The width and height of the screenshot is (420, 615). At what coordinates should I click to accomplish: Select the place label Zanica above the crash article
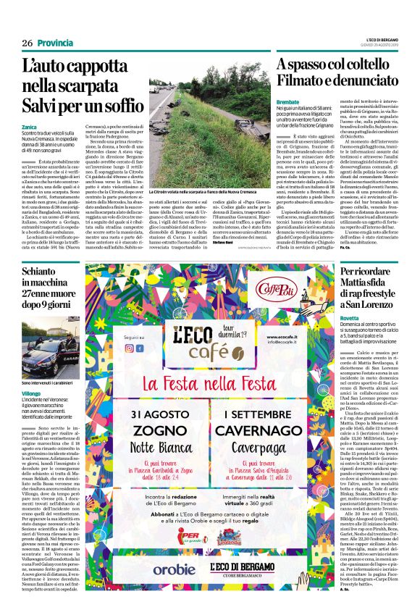point(30,126)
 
